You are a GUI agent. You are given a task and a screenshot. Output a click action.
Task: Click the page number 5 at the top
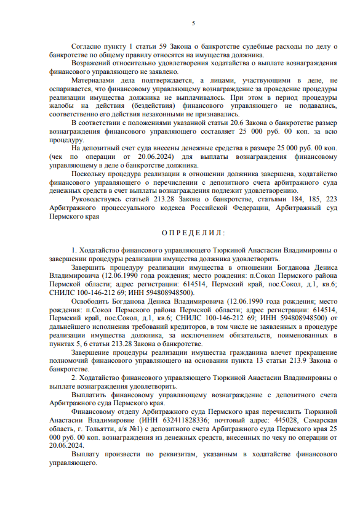click(x=193, y=23)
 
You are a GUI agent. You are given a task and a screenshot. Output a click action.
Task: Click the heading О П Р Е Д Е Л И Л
click(x=193, y=233)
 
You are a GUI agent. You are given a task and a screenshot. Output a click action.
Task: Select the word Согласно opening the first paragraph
click(x=86, y=46)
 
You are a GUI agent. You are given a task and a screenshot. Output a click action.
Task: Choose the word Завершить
click(x=90, y=268)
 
